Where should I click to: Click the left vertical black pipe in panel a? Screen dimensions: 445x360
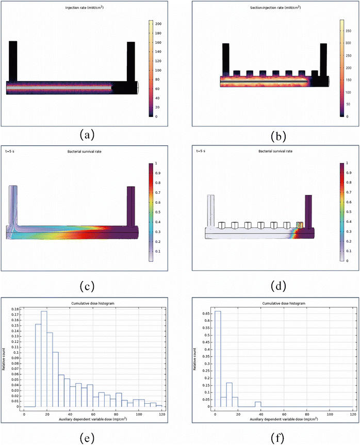click(13, 61)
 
